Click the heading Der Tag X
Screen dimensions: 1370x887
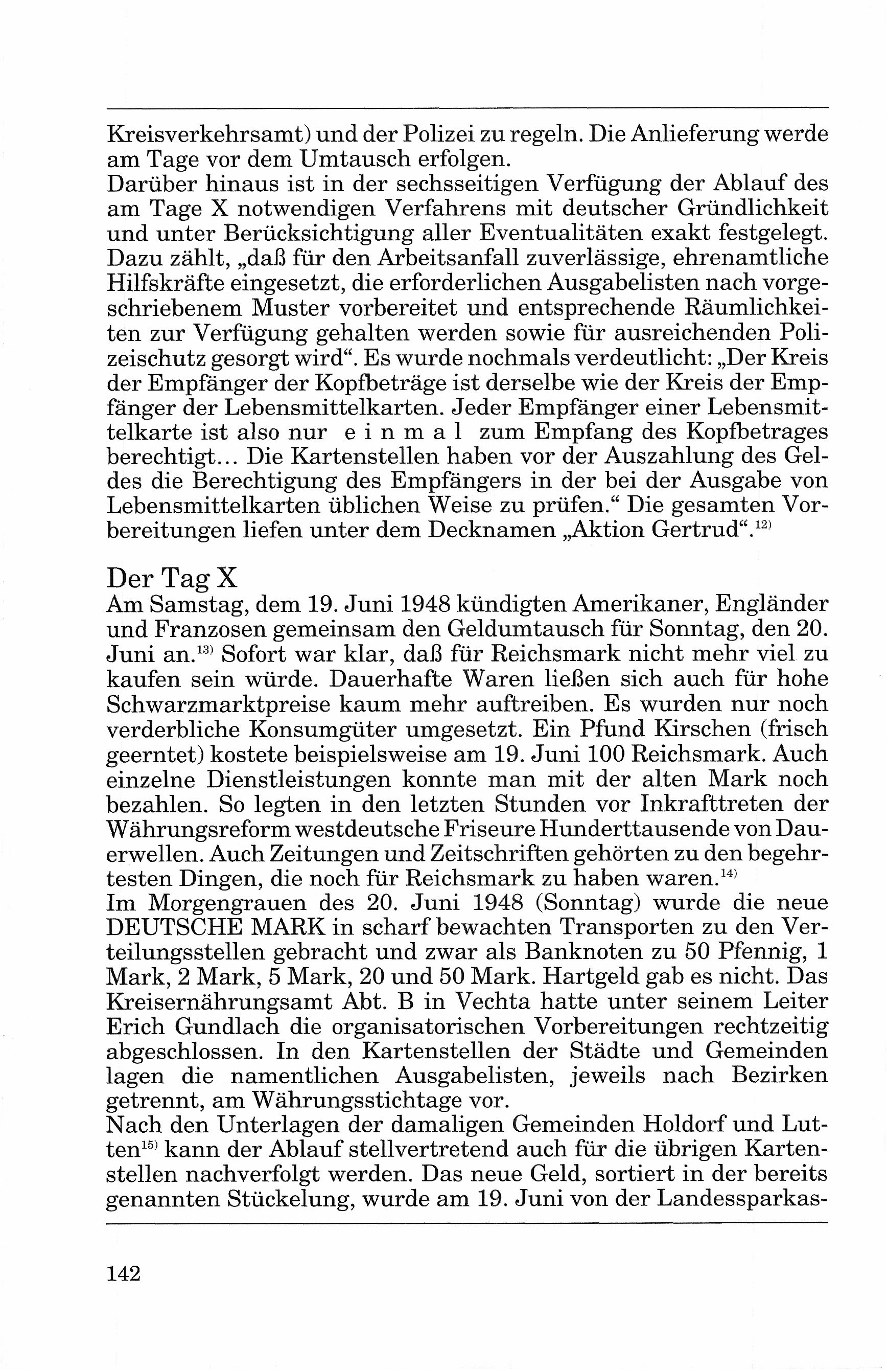point(172,577)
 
